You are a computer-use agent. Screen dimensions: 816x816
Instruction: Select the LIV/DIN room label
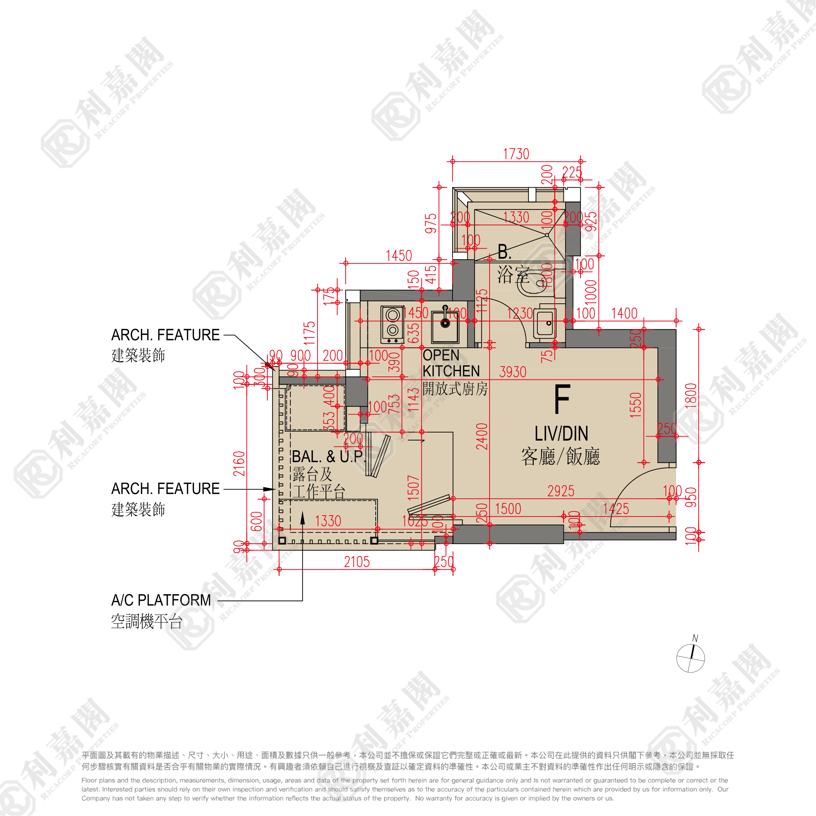point(561,434)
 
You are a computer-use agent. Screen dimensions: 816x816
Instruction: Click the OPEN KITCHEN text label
point(450,363)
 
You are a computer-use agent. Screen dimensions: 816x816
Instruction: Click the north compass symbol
point(691,658)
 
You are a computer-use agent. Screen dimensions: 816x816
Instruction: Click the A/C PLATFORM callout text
point(161,600)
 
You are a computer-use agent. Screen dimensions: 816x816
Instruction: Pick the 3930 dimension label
point(512,372)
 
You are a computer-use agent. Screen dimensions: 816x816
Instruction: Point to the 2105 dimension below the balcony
point(356,562)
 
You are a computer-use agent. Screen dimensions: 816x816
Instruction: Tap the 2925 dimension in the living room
point(560,491)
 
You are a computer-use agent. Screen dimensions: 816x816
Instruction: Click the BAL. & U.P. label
point(328,457)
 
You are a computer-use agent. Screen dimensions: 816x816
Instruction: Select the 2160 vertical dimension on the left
point(240,464)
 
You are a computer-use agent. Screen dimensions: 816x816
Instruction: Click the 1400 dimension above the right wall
point(624,313)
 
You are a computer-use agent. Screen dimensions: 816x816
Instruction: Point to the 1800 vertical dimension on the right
point(690,396)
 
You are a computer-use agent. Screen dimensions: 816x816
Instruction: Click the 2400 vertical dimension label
point(482,436)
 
